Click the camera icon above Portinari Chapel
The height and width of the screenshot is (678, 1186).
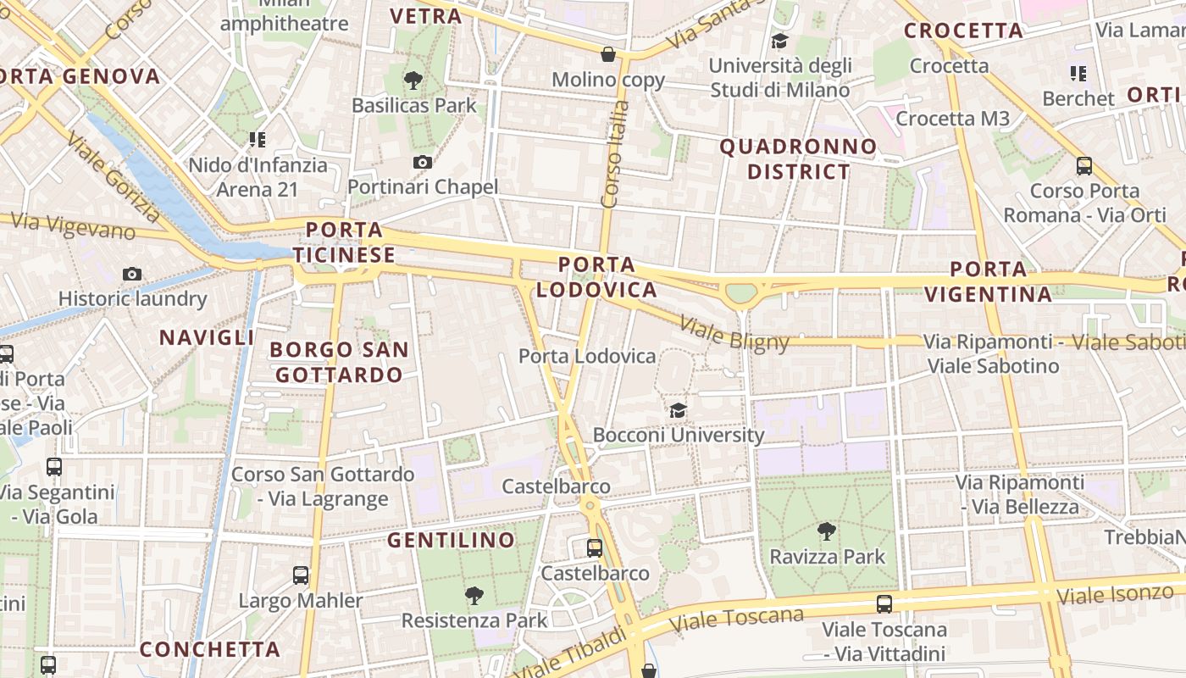point(422,162)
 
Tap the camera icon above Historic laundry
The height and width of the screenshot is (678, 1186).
point(131,274)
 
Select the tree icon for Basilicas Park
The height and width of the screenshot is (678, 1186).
point(413,81)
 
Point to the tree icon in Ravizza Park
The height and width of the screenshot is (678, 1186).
point(826,531)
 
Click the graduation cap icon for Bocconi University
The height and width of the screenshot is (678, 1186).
point(678,411)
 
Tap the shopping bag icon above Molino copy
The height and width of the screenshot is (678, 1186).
point(608,55)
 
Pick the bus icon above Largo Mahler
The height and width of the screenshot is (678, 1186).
point(301,575)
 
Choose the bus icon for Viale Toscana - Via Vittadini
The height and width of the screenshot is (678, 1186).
point(884,604)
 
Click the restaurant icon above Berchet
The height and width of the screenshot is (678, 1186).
point(1078,74)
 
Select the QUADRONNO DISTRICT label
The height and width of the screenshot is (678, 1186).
point(798,159)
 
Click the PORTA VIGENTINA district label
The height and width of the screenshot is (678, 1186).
point(988,282)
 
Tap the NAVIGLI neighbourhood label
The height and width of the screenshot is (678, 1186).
point(207,337)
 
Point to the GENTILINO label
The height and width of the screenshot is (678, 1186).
point(451,540)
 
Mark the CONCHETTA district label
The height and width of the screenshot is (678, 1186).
point(209,649)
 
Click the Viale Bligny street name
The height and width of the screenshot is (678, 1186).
point(734,335)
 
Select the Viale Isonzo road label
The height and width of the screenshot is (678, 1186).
point(1115,594)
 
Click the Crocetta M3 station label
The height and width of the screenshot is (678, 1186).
point(952,119)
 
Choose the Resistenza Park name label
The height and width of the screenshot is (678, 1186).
point(474,620)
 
